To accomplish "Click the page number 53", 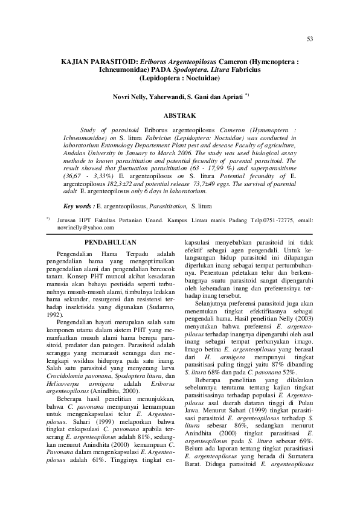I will pyautogui.click(x=310, y=39).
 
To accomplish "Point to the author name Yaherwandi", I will pyautogui.click(x=164, y=96).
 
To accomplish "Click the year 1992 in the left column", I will pyautogui.click(x=54, y=315).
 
